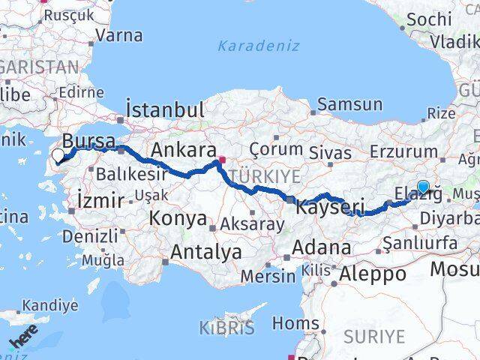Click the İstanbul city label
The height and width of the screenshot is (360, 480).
(165, 109)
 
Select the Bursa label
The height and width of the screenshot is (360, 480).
(88, 141)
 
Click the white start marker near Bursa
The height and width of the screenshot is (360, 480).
(58, 156)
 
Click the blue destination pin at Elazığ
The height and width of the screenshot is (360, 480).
(424, 187)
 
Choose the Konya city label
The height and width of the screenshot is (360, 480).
(178, 219)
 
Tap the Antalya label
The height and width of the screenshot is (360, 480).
(205, 252)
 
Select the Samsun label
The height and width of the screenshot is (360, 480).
(344, 105)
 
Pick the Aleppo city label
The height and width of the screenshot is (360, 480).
(373, 274)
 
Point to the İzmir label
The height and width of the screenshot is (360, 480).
(100, 201)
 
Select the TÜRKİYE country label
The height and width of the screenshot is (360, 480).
(268, 176)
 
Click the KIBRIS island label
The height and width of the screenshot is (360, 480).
(226, 328)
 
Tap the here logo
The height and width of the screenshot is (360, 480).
(22, 339)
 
